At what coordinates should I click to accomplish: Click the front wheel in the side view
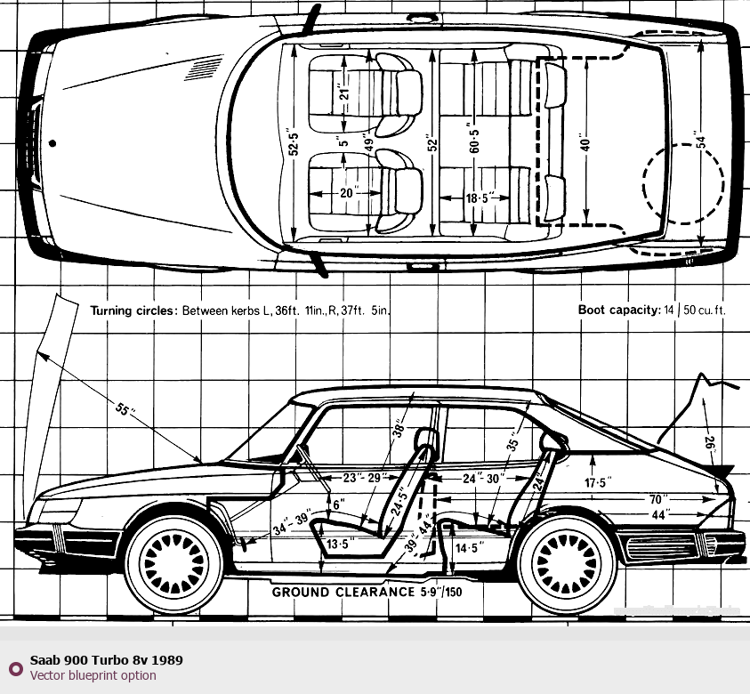pos(174,560)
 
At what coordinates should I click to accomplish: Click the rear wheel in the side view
pos(568,561)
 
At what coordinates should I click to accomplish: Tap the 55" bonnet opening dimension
pos(125,411)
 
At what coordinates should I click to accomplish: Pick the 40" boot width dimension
pos(585,142)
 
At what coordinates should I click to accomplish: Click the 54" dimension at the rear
pos(701,141)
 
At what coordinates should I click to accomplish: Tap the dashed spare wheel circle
pos(683,184)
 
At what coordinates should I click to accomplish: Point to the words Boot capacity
pos(617,311)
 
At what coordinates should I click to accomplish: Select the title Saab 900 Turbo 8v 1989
pos(107,661)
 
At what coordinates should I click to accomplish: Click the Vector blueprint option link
pos(93,675)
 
